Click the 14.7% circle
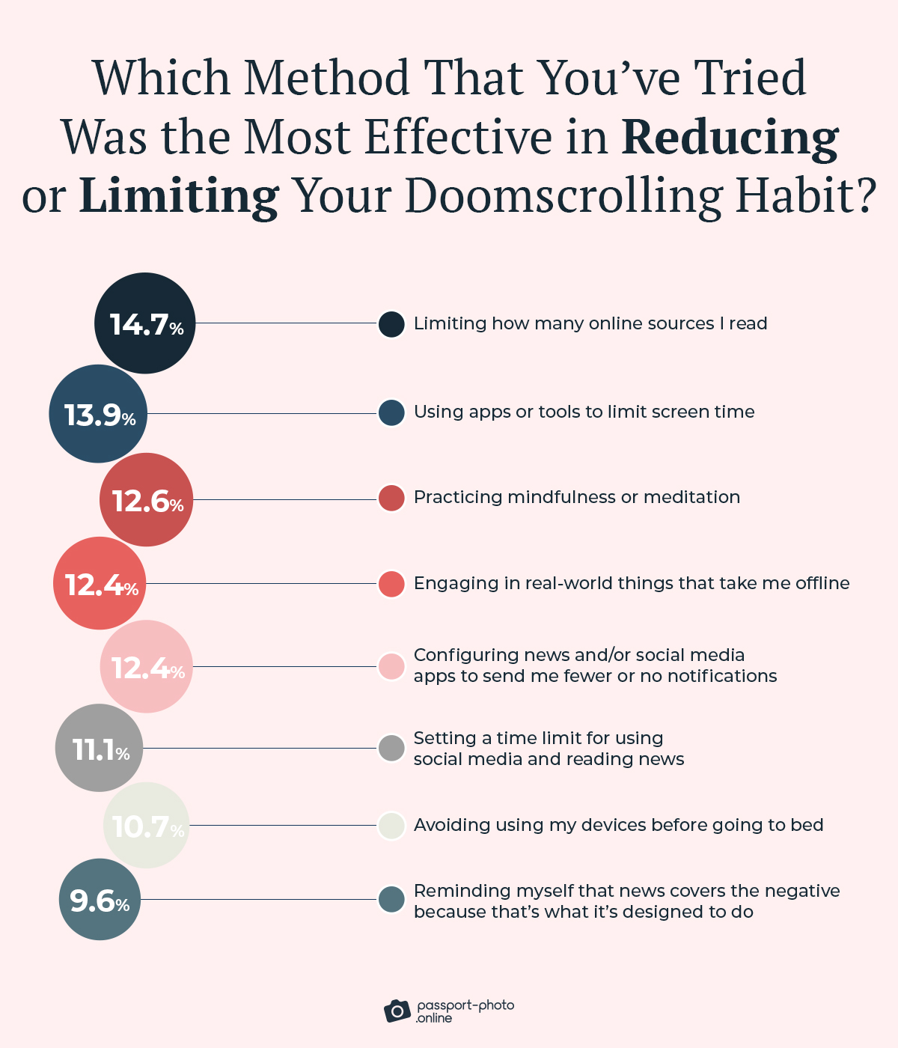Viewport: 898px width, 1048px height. (x=145, y=323)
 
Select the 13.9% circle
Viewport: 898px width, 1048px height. (x=98, y=414)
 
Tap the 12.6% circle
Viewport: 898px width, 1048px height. (x=147, y=500)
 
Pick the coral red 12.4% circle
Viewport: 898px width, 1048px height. (x=100, y=584)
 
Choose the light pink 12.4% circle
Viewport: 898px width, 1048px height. (x=147, y=667)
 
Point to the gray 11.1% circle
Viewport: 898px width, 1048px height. (x=100, y=748)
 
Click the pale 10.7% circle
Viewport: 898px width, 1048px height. (x=147, y=826)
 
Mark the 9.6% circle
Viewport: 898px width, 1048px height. (x=100, y=900)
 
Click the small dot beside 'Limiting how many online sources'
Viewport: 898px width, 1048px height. (x=391, y=324)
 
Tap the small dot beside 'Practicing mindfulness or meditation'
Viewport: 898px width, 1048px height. (x=391, y=498)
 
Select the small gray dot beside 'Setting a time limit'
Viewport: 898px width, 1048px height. (x=391, y=748)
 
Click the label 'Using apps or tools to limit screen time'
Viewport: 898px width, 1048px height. (x=584, y=412)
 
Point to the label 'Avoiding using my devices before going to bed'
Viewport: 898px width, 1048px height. (x=618, y=825)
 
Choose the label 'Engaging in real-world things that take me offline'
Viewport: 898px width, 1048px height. (x=632, y=583)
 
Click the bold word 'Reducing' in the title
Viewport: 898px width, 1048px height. (x=730, y=138)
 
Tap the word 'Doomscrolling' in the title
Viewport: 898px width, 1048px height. (x=564, y=196)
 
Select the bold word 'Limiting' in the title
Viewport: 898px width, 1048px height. (x=179, y=196)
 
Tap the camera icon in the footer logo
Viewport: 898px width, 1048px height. (x=397, y=1011)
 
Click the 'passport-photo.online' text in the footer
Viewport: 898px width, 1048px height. (x=465, y=1011)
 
